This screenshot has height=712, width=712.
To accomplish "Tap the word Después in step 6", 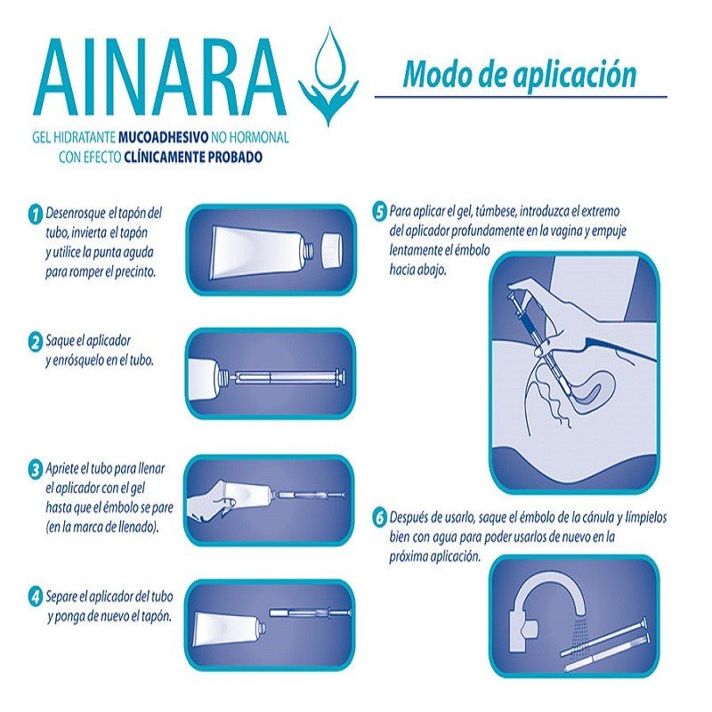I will [x=413, y=518].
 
